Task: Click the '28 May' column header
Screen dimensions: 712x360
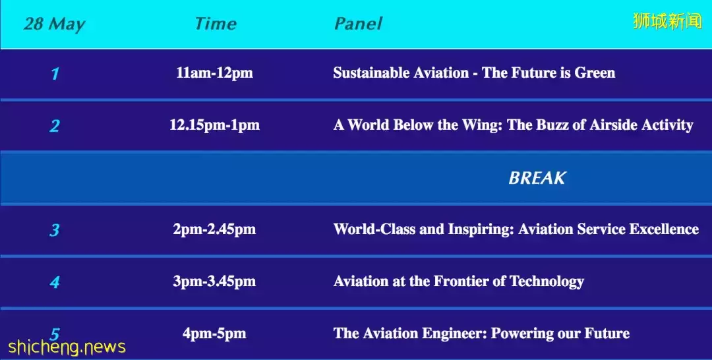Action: pos(55,24)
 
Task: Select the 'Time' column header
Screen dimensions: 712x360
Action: pos(216,24)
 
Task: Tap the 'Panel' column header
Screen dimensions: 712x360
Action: pos(358,24)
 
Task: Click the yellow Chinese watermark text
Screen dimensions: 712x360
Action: pos(667,21)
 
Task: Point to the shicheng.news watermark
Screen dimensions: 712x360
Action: pos(67,347)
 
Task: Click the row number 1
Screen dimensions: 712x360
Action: pos(55,74)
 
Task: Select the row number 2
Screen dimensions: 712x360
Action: pos(55,126)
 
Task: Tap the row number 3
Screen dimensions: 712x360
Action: pos(55,230)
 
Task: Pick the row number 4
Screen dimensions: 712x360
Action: pos(55,282)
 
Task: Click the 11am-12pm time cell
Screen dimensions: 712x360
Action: pos(214,73)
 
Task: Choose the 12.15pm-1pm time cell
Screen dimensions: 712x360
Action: pos(214,125)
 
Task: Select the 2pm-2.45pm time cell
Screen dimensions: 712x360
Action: pos(214,229)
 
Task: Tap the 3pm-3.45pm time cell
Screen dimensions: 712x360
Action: pos(214,282)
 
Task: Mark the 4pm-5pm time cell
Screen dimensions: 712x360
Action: pos(214,334)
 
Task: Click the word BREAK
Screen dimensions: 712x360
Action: pos(537,178)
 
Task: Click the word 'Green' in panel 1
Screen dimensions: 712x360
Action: pos(595,73)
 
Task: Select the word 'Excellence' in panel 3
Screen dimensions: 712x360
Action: pos(664,229)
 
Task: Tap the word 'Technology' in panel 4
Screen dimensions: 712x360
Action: pos(547,282)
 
